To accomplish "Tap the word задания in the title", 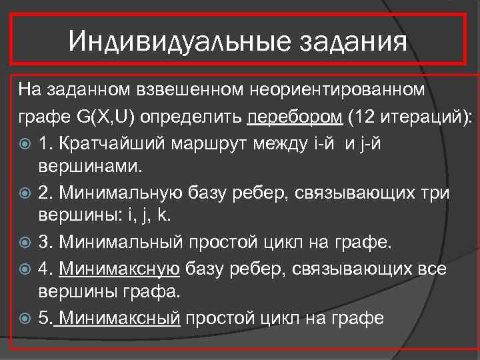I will [352, 42].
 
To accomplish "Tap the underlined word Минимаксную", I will [119, 269].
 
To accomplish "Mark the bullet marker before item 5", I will [25, 318].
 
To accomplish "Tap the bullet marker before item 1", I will [25, 144].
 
